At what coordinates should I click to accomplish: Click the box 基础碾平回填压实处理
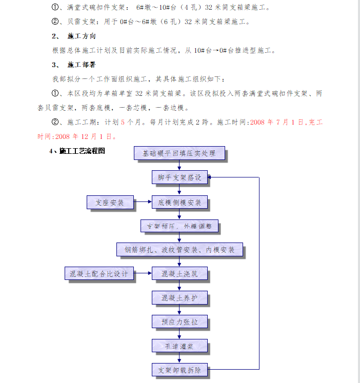pyautogui.click(x=179, y=153)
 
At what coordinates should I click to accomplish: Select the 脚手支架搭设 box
pyautogui.click(x=179, y=177)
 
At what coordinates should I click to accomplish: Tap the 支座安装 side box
pyautogui.click(x=110, y=203)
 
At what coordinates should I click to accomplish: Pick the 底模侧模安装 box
pyautogui.click(x=179, y=203)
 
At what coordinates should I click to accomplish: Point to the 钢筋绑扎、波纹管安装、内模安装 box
pyautogui.click(x=179, y=250)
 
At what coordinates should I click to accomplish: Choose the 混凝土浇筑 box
pyautogui.click(x=179, y=274)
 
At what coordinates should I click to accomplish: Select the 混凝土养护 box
pyautogui.click(x=179, y=298)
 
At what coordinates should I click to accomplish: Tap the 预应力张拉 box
pyautogui.click(x=179, y=322)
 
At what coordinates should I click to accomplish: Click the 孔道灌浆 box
pyautogui.click(x=179, y=346)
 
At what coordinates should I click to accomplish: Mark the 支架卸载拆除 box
pyautogui.click(x=179, y=370)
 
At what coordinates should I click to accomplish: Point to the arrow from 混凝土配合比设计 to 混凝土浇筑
pyautogui.click(x=143, y=274)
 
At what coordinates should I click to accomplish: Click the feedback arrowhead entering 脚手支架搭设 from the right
pyautogui.click(x=211, y=177)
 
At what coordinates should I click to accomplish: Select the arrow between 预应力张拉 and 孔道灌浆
pyautogui.click(x=179, y=334)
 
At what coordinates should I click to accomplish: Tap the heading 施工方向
pyautogui.click(x=81, y=36)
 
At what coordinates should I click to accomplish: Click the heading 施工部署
pyautogui.click(x=81, y=65)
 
